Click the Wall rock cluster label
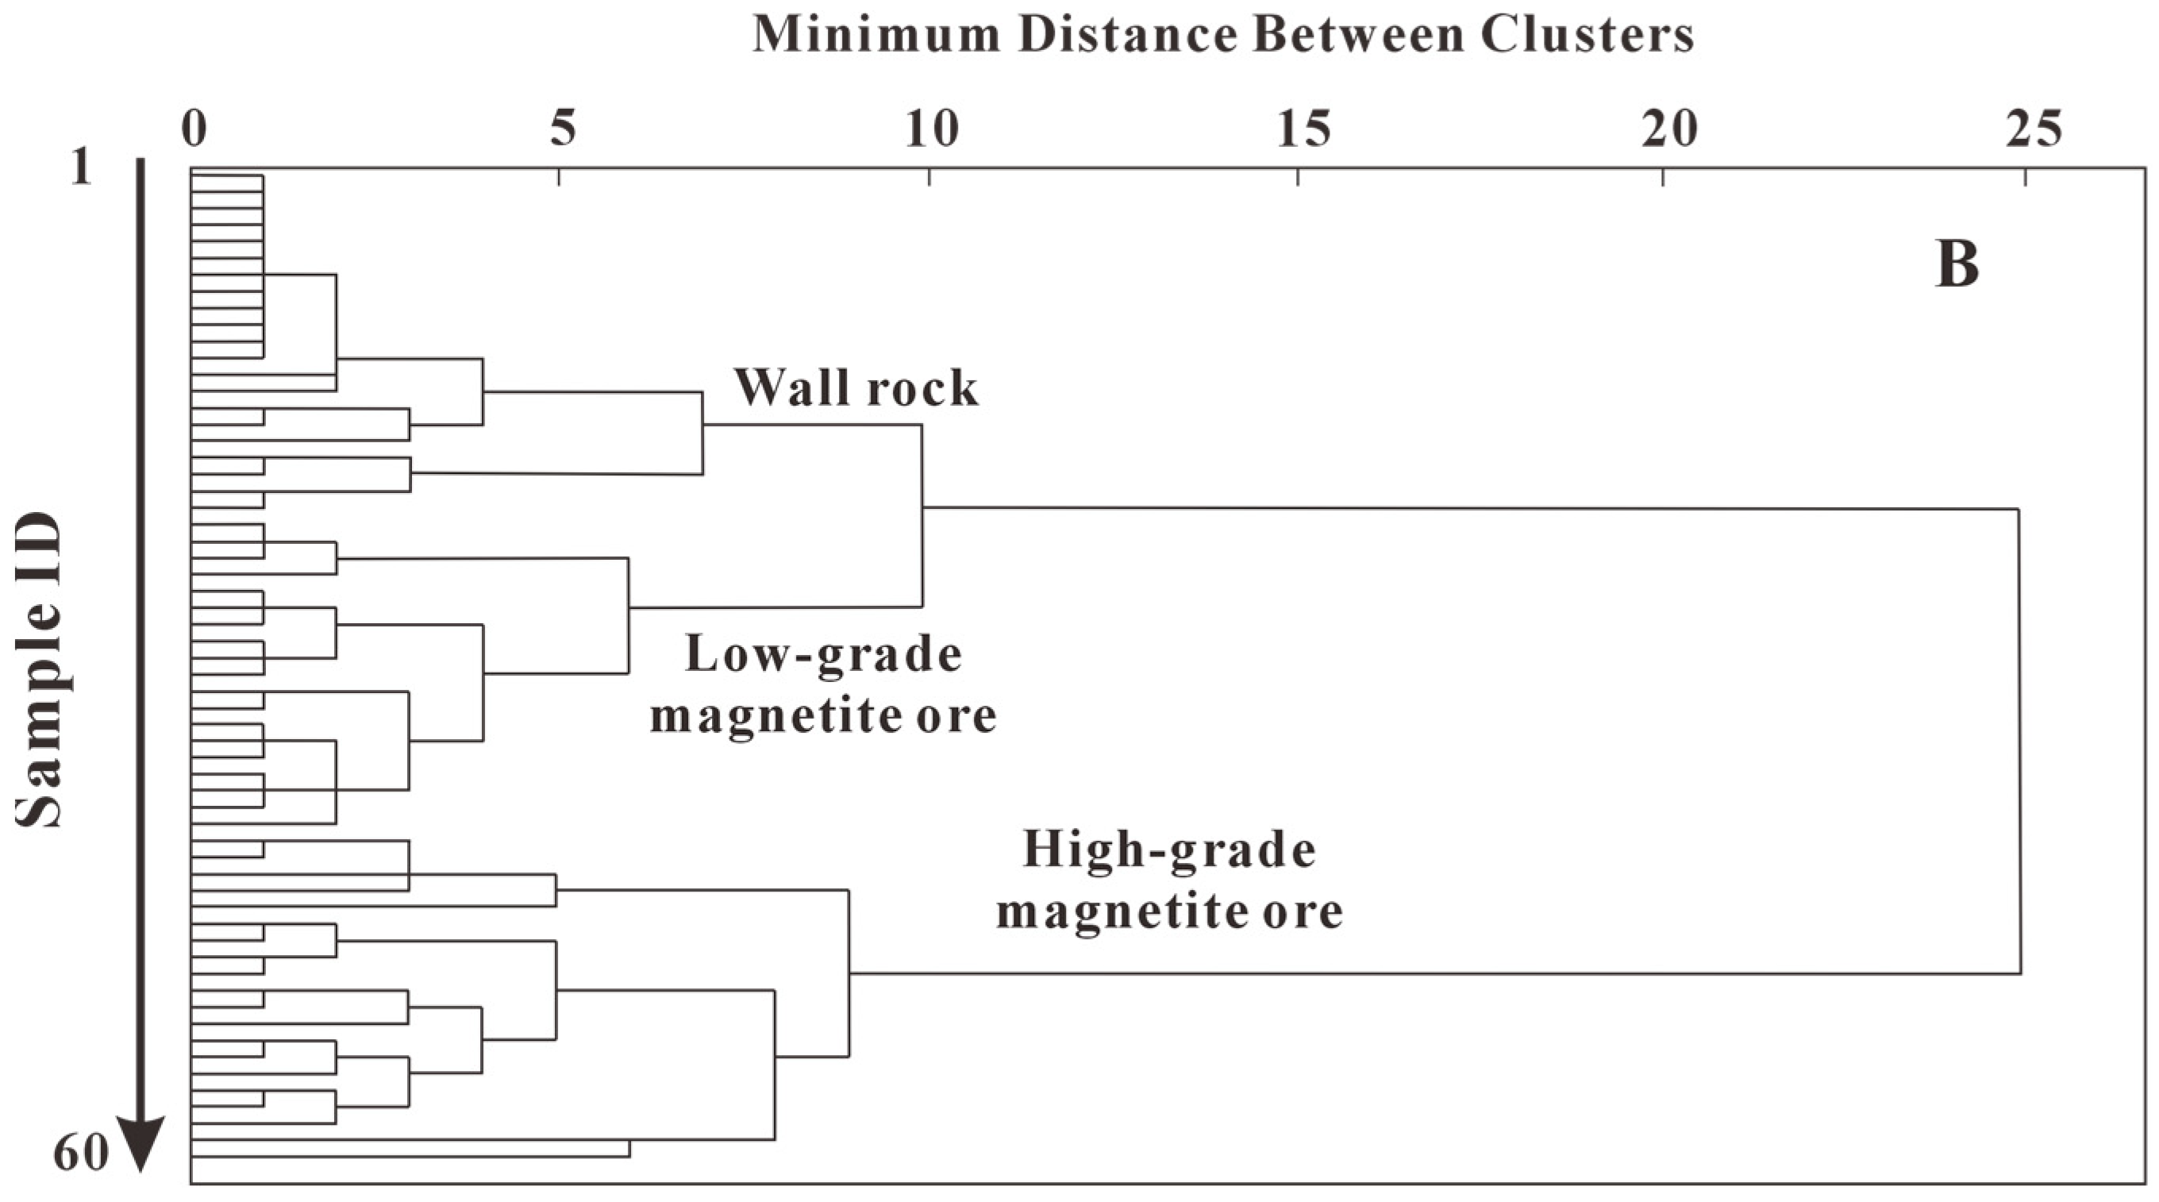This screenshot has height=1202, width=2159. point(856,388)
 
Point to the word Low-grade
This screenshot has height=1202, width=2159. point(823,655)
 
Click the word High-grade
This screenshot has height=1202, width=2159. point(1169,850)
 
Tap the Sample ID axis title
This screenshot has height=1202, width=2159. point(40,671)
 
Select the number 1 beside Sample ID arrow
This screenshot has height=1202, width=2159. point(80,168)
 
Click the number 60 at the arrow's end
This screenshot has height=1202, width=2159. point(80,1154)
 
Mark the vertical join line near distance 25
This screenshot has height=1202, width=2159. point(2019,742)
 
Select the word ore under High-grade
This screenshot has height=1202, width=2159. point(1303,911)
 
